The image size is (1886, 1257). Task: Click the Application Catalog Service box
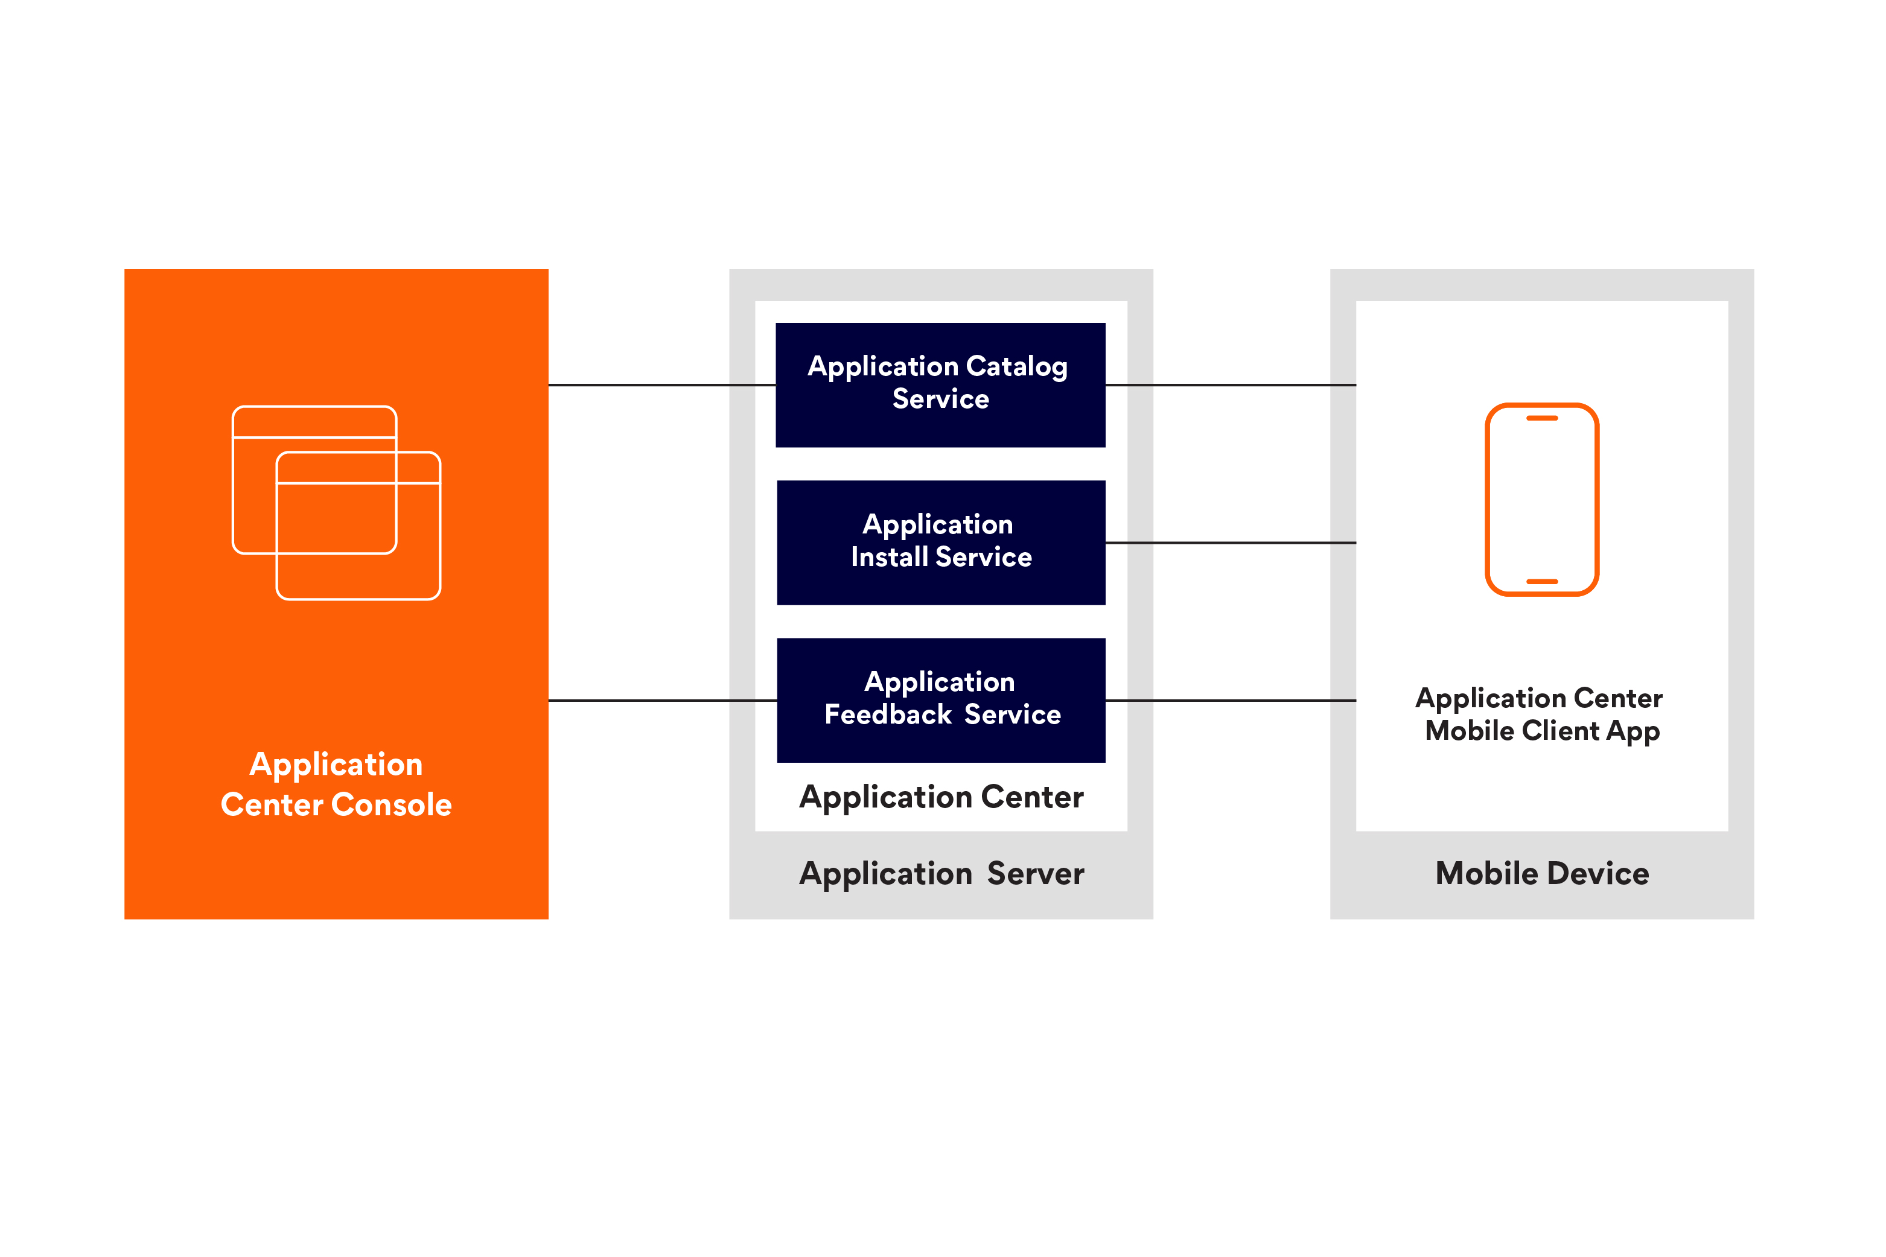940,385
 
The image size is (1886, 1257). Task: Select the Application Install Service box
940,543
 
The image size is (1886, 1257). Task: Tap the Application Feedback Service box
940,700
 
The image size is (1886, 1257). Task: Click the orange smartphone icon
1541,500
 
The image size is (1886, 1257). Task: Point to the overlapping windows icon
336,503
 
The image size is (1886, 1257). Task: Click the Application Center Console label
336,784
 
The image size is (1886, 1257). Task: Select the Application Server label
941,873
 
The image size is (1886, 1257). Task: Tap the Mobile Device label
1541,873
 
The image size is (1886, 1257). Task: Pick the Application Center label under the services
941,797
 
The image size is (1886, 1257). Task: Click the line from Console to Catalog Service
661,385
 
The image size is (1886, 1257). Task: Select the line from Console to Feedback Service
661,701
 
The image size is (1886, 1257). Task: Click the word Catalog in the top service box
1016,367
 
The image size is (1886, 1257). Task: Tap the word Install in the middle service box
889,557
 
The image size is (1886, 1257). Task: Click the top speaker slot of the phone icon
1541,418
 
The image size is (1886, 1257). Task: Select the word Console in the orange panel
391,804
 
